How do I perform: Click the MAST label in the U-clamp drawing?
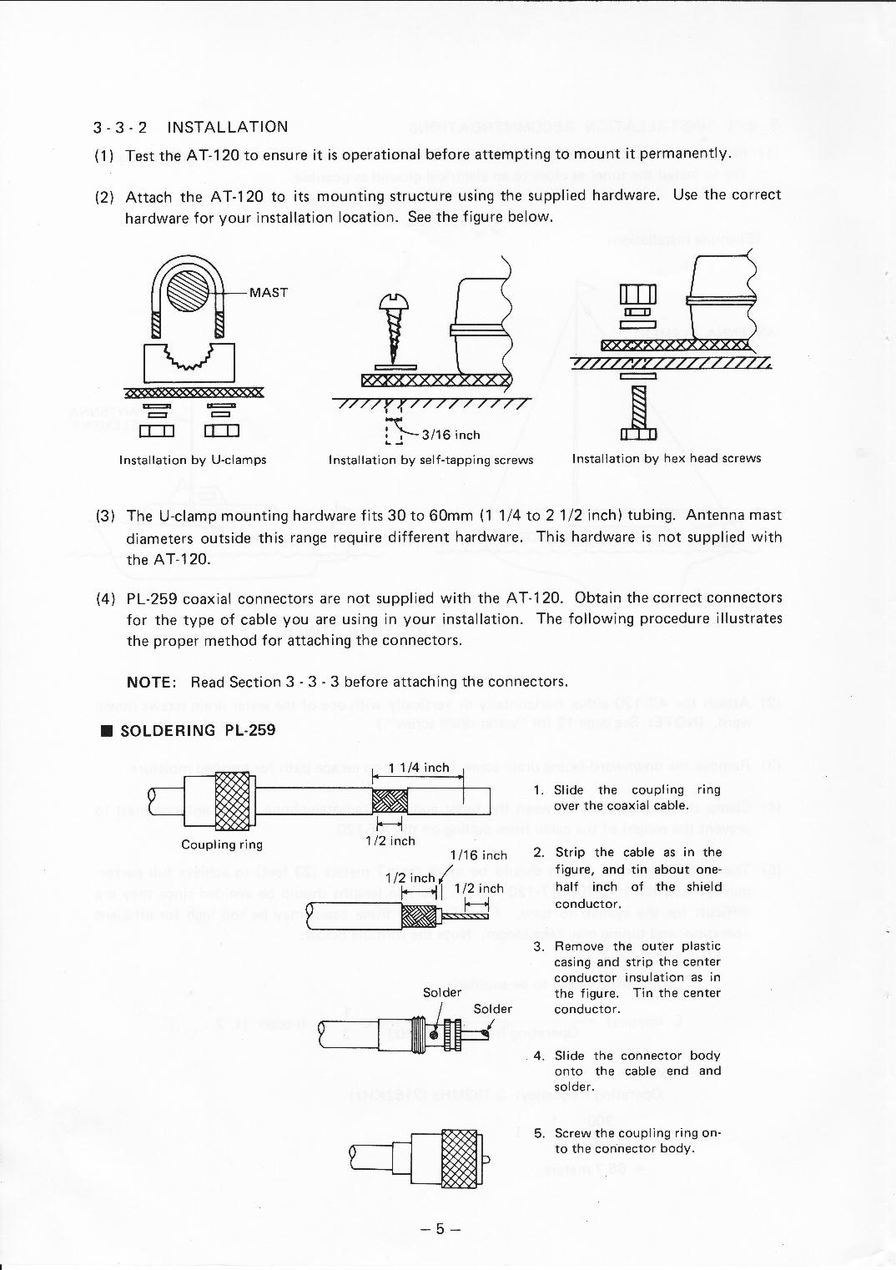pyautogui.click(x=268, y=293)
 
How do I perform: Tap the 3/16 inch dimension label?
pyautogui.click(x=451, y=435)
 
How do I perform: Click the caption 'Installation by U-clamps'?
pyautogui.click(x=193, y=460)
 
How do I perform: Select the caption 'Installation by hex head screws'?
pyautogui.click(x=667, y=458)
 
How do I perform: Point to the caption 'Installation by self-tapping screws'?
pyautogui.click(x=430, y=460)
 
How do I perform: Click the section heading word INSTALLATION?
pyautogui.click(x=227, y=127)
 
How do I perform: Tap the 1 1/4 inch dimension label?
pyautogui.click(x=419, y=768)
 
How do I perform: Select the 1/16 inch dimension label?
pyautogui.click(x=478, y=855)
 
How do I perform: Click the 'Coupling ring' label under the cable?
pyautogui.click(x=222, y=844)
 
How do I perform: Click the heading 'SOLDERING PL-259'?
pyautogui.click(x=198, y=731)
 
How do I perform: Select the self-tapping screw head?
pyautogui.click(x=390, y=300)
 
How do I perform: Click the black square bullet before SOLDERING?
pyautogui.click(x=106, y=732)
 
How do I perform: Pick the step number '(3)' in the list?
pyautogui.click(x=105, y=517)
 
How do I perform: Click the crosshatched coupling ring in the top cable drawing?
pyautogui.click(x=233, y=800)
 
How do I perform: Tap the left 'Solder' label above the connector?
pyautogui.click(x=441, y=993)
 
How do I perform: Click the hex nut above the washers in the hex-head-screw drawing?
pyautogui.click(x=638, y=295)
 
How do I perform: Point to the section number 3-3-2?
pyautogui.click(x=120, y=128)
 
